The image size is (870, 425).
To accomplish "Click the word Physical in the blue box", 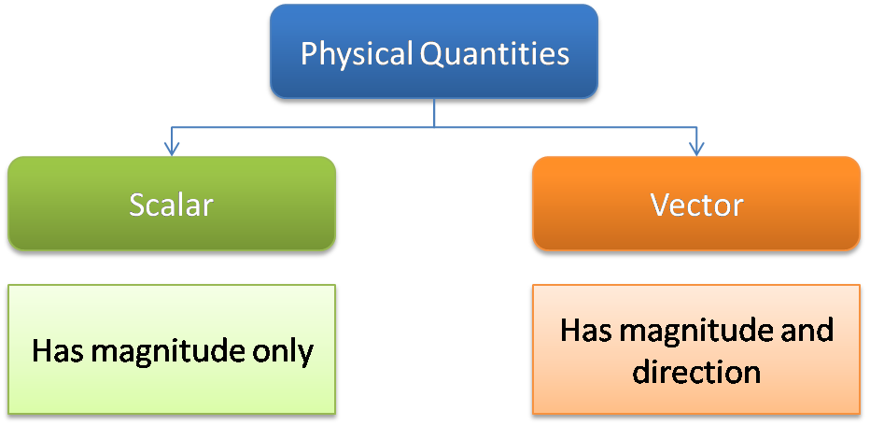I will (x=355, y=53).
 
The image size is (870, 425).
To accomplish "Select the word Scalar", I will (x=171, y=205).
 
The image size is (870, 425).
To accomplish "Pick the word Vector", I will (x=696, y=205).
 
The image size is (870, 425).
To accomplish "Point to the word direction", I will (x=696, y=372).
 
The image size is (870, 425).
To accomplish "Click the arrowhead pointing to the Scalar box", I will (x=170, y=147).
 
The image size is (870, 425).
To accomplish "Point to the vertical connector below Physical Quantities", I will (x=434, y=113).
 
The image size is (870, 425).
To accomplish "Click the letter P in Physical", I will (x=308, y=53).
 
